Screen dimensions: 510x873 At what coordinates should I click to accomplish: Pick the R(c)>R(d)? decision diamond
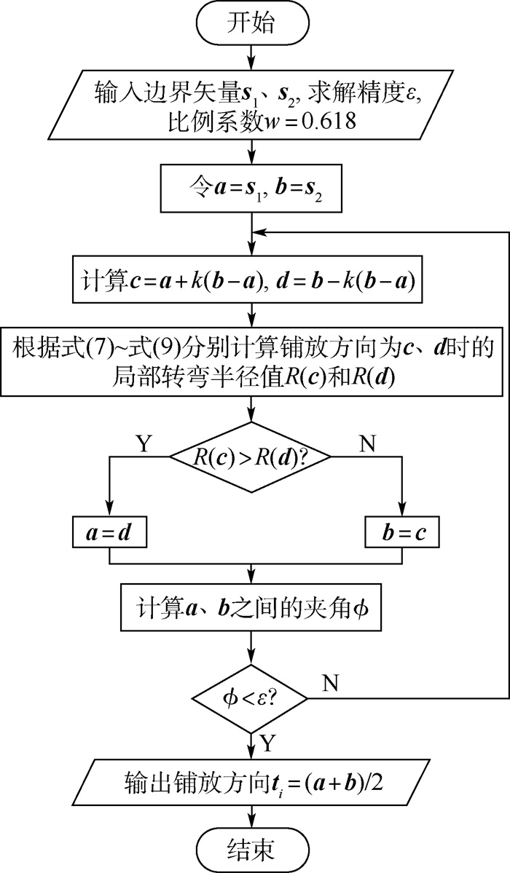250,457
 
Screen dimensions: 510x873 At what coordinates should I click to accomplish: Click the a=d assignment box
109,534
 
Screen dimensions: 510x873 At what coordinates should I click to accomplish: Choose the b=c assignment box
402,534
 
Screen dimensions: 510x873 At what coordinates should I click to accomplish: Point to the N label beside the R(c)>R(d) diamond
368,443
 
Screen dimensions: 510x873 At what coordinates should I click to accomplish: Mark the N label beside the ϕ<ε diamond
331,682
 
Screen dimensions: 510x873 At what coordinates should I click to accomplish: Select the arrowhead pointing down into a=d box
109,511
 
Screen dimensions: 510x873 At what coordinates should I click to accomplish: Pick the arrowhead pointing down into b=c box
402,511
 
